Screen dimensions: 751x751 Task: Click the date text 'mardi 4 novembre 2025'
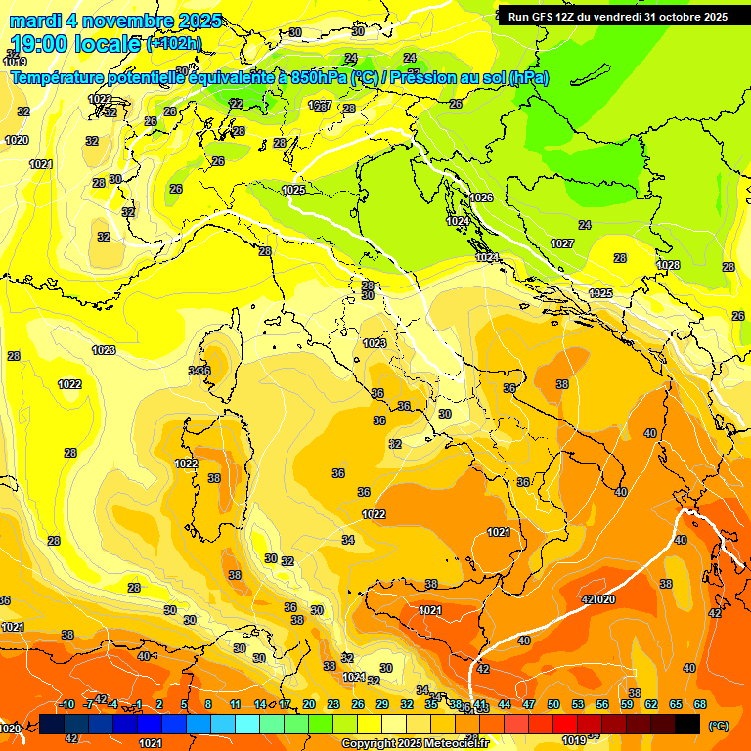(116, 21)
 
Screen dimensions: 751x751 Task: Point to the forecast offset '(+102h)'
(174, 44)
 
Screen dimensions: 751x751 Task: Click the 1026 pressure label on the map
(482, 198)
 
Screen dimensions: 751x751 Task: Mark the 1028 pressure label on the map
(668, 265)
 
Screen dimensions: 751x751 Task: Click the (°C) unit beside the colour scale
(718, 726)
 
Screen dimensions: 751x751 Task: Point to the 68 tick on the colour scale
(700, 704)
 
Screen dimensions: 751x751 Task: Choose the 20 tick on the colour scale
(309, 704)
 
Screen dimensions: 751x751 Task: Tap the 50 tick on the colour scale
(553, 704)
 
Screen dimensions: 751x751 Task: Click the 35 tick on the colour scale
(431, 704)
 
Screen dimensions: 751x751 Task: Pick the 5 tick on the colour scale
(184, 704)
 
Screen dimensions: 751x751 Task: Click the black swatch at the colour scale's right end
(687, 724)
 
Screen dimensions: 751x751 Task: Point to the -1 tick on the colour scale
(138, 704)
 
